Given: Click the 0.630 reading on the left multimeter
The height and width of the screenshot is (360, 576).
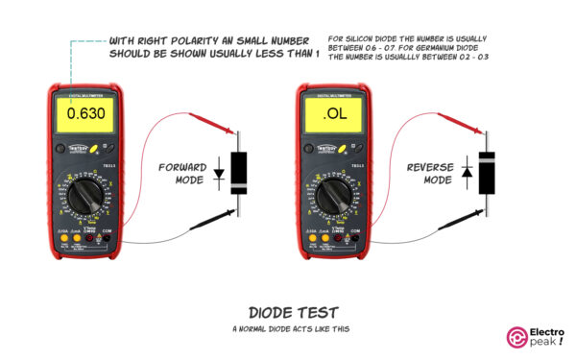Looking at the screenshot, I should [x=85, y=118].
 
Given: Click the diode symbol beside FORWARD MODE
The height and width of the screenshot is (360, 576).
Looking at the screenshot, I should [x=219, y=175].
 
